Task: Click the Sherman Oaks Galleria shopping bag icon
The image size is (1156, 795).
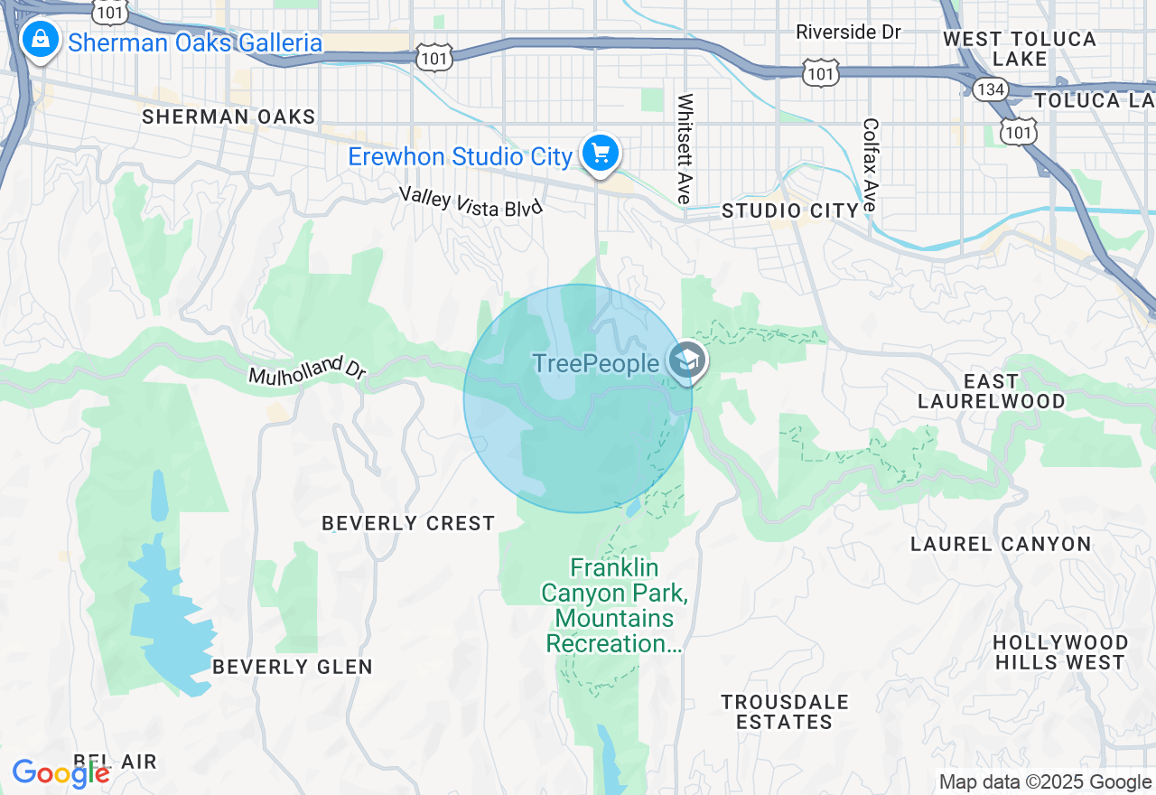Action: (40, 39)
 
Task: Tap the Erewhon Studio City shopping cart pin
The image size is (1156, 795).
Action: (600, 153)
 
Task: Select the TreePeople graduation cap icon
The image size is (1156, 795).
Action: (687, 360)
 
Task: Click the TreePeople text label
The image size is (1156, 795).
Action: (595, 363)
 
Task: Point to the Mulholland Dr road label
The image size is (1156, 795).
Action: (307, 371)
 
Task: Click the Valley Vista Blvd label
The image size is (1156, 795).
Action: (471, 200)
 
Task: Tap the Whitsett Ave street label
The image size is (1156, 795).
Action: (685, 148)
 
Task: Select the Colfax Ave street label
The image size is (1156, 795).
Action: (871, 165)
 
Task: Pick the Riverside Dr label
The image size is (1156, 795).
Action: (848, 33)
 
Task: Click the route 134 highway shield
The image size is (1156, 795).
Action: (991, 89)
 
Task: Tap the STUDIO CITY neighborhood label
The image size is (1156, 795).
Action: (790, 211)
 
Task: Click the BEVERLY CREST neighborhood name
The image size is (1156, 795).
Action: (408, 523)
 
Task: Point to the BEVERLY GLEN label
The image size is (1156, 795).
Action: (292, 667)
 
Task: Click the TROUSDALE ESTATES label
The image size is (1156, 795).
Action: (784, 712)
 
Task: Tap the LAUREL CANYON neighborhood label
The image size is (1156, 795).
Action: (1001, 544)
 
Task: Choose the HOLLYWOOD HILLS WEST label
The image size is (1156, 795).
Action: (1060, 652)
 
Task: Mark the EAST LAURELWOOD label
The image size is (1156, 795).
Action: (991, 391)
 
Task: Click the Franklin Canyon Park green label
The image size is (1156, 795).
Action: (614, 605)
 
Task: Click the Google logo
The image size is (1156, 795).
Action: (61, 773)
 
